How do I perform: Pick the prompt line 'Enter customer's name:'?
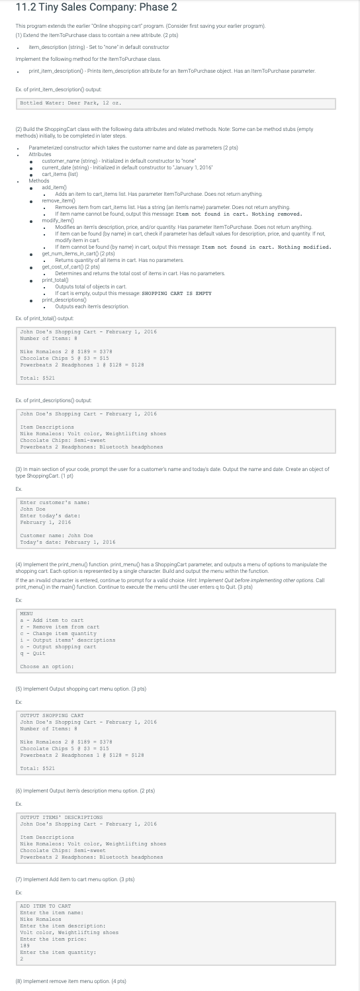pos(55,503)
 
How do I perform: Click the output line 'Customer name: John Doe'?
pos(57,535)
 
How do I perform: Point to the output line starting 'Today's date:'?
pos(68,542)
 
